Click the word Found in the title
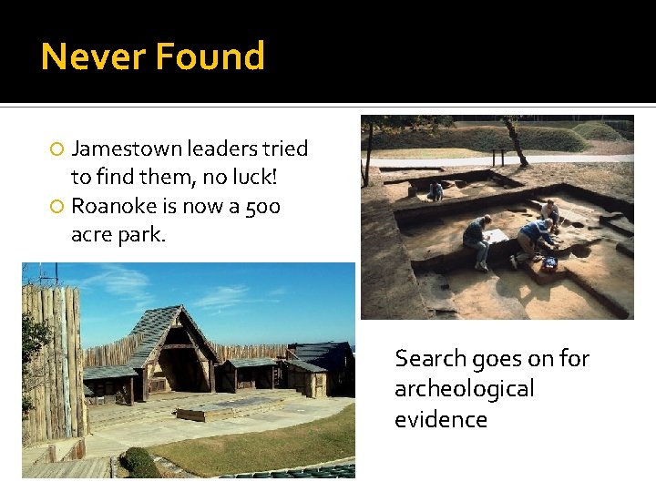tap(210, 56)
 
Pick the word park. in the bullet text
tap(144, 235)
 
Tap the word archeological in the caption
tap(464, 389)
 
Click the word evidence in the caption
tap(440, 419)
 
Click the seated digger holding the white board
tap(477, 241)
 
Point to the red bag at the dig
tap(549, 263)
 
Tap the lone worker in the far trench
tap(436, 191)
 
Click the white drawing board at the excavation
tap(497, 236)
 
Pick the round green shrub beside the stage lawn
tap(139, 463)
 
